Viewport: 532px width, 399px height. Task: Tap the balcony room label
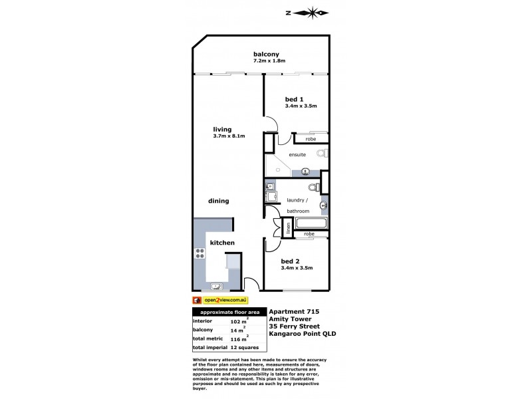click(267, 54)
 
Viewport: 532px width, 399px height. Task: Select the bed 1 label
click(294, 99)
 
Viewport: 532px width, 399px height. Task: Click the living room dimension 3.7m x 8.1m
click(229, 136)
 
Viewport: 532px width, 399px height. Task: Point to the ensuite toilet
click(323, 153)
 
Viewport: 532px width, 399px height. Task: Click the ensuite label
click(297, 155)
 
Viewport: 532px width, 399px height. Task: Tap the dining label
click(219, 201)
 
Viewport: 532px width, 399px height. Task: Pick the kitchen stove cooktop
click(200, 253)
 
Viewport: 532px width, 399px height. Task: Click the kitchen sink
click(217, 287)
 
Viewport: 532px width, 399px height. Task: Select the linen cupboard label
click(288, 228)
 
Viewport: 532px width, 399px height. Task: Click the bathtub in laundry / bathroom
click(311, 223)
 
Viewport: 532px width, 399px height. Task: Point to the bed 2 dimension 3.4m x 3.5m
click(297, 268)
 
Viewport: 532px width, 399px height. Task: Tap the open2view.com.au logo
click(220, 301)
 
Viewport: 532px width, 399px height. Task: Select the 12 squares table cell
click(244, 347)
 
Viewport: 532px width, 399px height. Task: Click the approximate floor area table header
click(229, 312)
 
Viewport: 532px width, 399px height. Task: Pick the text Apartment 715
click(294, 311)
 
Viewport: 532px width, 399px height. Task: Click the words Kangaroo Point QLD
click(303, 334)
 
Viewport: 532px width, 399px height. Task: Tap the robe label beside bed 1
click(311, 139)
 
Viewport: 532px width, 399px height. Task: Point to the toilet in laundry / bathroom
click(314, 187)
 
